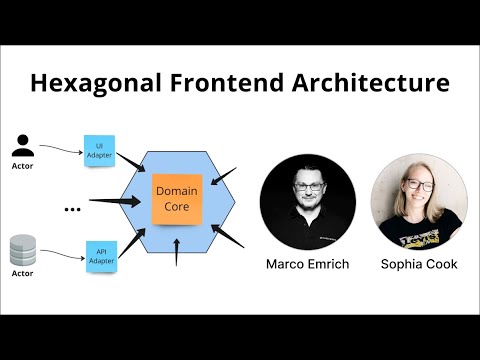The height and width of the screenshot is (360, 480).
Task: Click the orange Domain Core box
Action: [176, 197]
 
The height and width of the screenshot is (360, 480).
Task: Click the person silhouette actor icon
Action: [23, 145]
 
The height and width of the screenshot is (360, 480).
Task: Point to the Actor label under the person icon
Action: [23, 166]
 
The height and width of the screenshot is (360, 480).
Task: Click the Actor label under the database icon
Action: [22, 273]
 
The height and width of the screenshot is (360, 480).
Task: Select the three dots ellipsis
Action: [72, 208]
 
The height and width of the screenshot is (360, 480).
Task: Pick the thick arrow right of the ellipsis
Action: [113, 202]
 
